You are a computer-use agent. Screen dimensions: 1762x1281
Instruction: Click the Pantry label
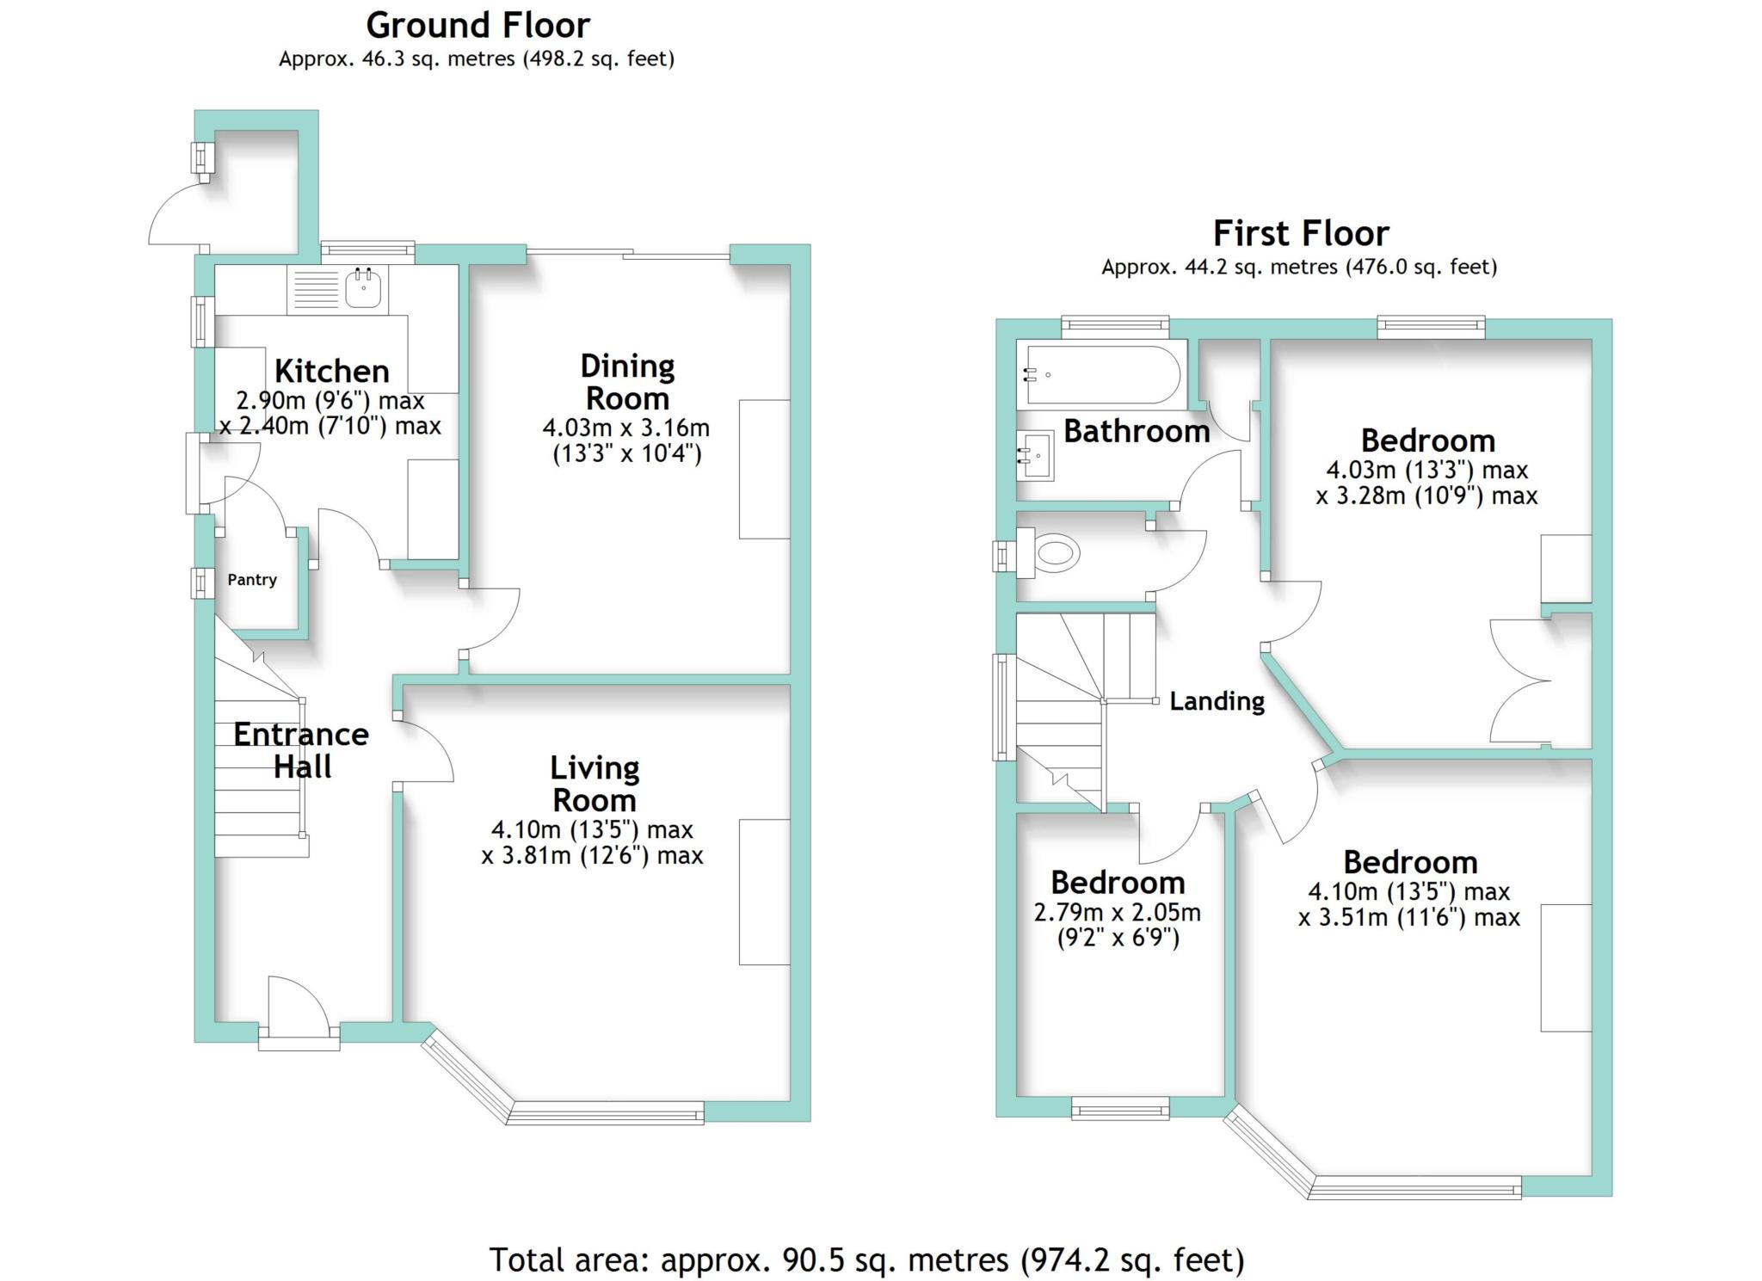click(x=252, y=580)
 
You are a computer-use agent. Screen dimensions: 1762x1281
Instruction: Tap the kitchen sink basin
click(x=363, y=288)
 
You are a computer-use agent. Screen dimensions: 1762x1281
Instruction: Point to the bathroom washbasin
click(x=1036, y=455)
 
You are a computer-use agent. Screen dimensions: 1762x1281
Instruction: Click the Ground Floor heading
click(x=478, y=26)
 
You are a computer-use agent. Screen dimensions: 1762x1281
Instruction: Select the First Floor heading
click(x=1301, y=233)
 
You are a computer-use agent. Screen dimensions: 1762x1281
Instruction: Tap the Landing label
click(x=1217, y=702)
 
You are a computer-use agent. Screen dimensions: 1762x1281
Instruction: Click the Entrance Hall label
click(x=301, y=750)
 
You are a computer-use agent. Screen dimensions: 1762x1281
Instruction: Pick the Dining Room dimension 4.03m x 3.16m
click(x=625, y=428)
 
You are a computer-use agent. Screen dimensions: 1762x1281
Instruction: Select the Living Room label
click(x=595, y=784)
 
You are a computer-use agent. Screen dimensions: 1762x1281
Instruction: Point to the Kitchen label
click(x=332, y=372)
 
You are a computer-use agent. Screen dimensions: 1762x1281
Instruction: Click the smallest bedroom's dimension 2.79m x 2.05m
click(x=1117, y=912)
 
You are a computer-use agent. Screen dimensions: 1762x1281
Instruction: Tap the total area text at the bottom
click(x=867, y=1259)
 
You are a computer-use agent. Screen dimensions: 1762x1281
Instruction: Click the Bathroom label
click(x=1137, y=431)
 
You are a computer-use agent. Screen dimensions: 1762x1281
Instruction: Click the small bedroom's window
click(x=1120, y=1108)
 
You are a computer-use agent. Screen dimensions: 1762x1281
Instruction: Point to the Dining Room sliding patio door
click(x=628, y=253)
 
